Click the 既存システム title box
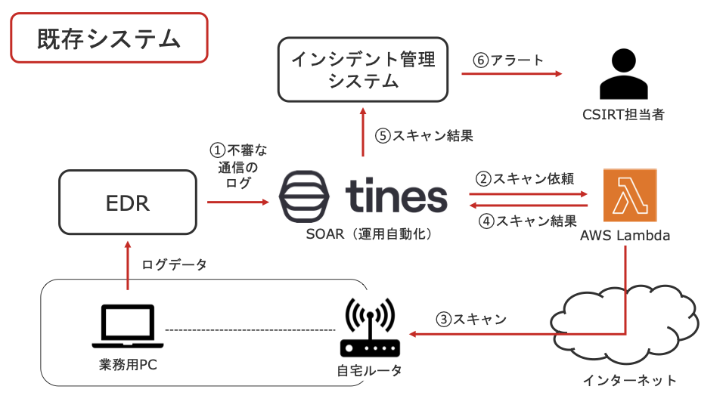coord(109,38)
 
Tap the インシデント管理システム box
coord(364,70)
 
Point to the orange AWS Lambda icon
coord(630,195)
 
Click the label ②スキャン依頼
coord(524,179)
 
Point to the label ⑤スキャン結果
coord(424,136)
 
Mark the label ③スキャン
coord(470,319)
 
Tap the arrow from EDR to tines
coord(237,202)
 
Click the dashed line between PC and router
coord(250,330)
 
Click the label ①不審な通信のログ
coord(237,166)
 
